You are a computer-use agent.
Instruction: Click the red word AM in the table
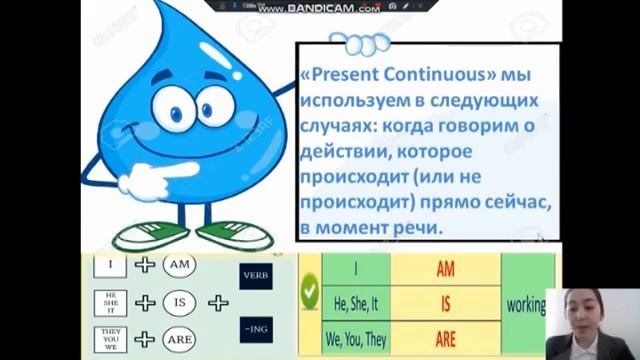pos(445,268)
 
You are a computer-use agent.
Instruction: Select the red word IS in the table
pos(445,303)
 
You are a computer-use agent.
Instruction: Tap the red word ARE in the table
pos(445,338)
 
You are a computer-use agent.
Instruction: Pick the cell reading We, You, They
pos(356,338)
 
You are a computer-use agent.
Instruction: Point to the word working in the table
pos(527,303)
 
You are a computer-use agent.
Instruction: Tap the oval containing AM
pos(179,265)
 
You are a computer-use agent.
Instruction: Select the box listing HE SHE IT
pos(110,302)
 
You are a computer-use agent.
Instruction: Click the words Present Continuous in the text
pos(384,76)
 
